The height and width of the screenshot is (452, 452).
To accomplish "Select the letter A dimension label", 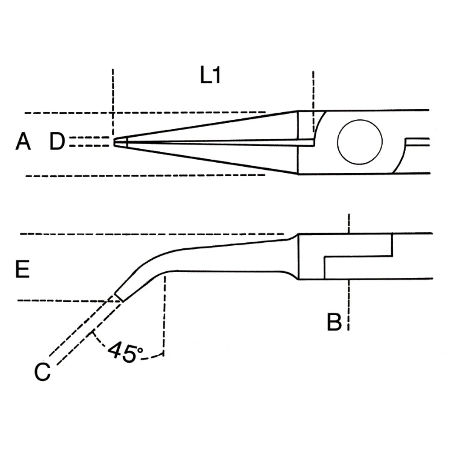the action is pyautogui.click(x=23, y=141).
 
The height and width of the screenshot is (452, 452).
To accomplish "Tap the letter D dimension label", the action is pyautogui.click(x=57, y=141).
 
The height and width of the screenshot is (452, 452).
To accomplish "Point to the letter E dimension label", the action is pyautogui.click(x=22, y=269).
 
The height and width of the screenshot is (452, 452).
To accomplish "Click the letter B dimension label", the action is pyautogui.click(x=334, y=321).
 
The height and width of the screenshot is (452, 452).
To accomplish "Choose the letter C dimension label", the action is pyautogui.click(x=42, y=372).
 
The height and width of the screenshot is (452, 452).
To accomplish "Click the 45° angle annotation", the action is pyautogui.click(x=125, y=351).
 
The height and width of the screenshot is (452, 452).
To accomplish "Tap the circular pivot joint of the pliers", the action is pyautogui.click(x=360, y=142).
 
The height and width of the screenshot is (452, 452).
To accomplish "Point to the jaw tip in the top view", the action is pyautogui.click(x=114, y=142).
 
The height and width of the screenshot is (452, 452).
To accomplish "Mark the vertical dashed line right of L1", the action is pyautogui.click(x=313, y=101).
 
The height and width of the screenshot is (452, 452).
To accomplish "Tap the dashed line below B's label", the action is pyautogui.click(x=348, y=305).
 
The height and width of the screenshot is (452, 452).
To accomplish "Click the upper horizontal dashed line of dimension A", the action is pyautogui.click(x=145, y=113).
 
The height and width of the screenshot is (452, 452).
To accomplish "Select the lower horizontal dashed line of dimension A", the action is pyautogui.click(x=146, y=175).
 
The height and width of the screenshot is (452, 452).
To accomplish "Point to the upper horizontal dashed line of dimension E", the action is pyautogui.click(x=152, y=234).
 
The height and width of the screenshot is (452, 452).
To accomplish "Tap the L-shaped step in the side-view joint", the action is pyautogui.click(x=359, y=256).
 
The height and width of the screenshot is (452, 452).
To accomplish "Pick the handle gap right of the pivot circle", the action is pyautogui.click(x=418, y=142).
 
